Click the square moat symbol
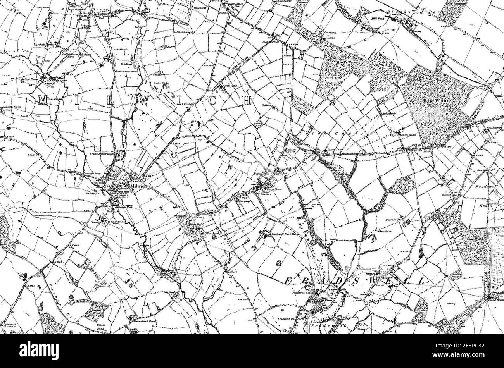pyautogui.click(x=40, y=60)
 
